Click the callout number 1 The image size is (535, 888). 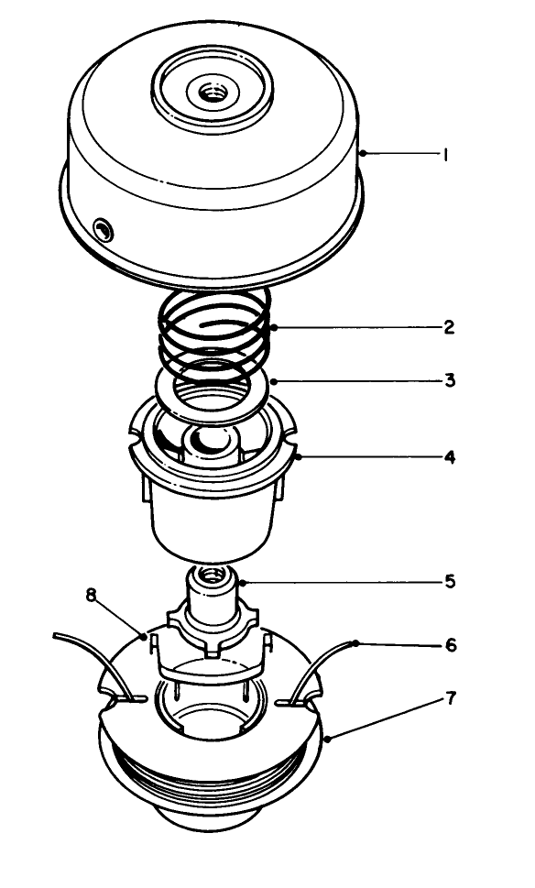(444, 156)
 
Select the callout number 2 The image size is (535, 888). (449, 327)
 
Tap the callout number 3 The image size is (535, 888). (449, 378)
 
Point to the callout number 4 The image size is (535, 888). (449, 455)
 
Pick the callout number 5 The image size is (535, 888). (448, 581)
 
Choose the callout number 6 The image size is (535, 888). (449, 646)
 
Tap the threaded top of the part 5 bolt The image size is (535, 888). (210, 576)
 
